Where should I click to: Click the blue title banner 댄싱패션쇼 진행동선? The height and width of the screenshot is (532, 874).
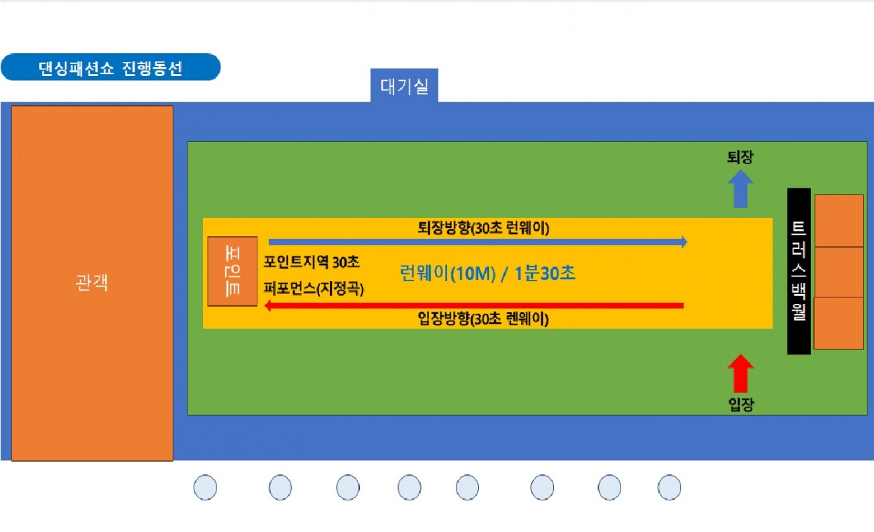(x=111, y=67)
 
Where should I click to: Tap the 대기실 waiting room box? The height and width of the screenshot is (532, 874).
(x=404, y=86)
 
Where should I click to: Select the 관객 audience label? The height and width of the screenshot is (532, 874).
(x=91, y=282)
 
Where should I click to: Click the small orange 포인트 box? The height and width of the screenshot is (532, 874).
(x=232, y=271)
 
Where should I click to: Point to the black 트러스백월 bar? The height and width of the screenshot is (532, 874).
(x=799, y=271)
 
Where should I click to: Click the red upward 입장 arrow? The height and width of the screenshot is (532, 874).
(x=741, y=373)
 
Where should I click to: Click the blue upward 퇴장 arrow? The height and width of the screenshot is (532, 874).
(x=741, y=189)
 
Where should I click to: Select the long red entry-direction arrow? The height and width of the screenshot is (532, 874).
(x=474, y=305)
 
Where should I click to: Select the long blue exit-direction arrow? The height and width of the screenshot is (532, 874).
(x=478, y=242)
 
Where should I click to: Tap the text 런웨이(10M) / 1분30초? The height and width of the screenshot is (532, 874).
(x=487, y=273)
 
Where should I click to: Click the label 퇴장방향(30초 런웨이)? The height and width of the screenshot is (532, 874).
(x=483, y=228)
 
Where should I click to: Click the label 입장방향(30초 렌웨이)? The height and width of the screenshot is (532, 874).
(x=483, y=319)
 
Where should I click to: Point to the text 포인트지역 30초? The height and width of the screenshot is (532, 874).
(x=311, y=262)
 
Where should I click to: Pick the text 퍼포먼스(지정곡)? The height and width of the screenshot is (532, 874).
(x=313, y=289)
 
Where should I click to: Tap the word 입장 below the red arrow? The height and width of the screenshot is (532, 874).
(x=741, y=404)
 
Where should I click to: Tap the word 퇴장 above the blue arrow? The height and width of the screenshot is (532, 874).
(x=740, y=157)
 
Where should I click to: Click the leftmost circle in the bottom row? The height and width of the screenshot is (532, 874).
(x=205, y=487)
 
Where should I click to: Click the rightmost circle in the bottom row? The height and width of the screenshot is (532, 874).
(x=669, y=487)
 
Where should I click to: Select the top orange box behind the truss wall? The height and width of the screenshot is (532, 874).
(x=839, y=221)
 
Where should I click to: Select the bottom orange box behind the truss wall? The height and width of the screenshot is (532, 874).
(x=838, y=324)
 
